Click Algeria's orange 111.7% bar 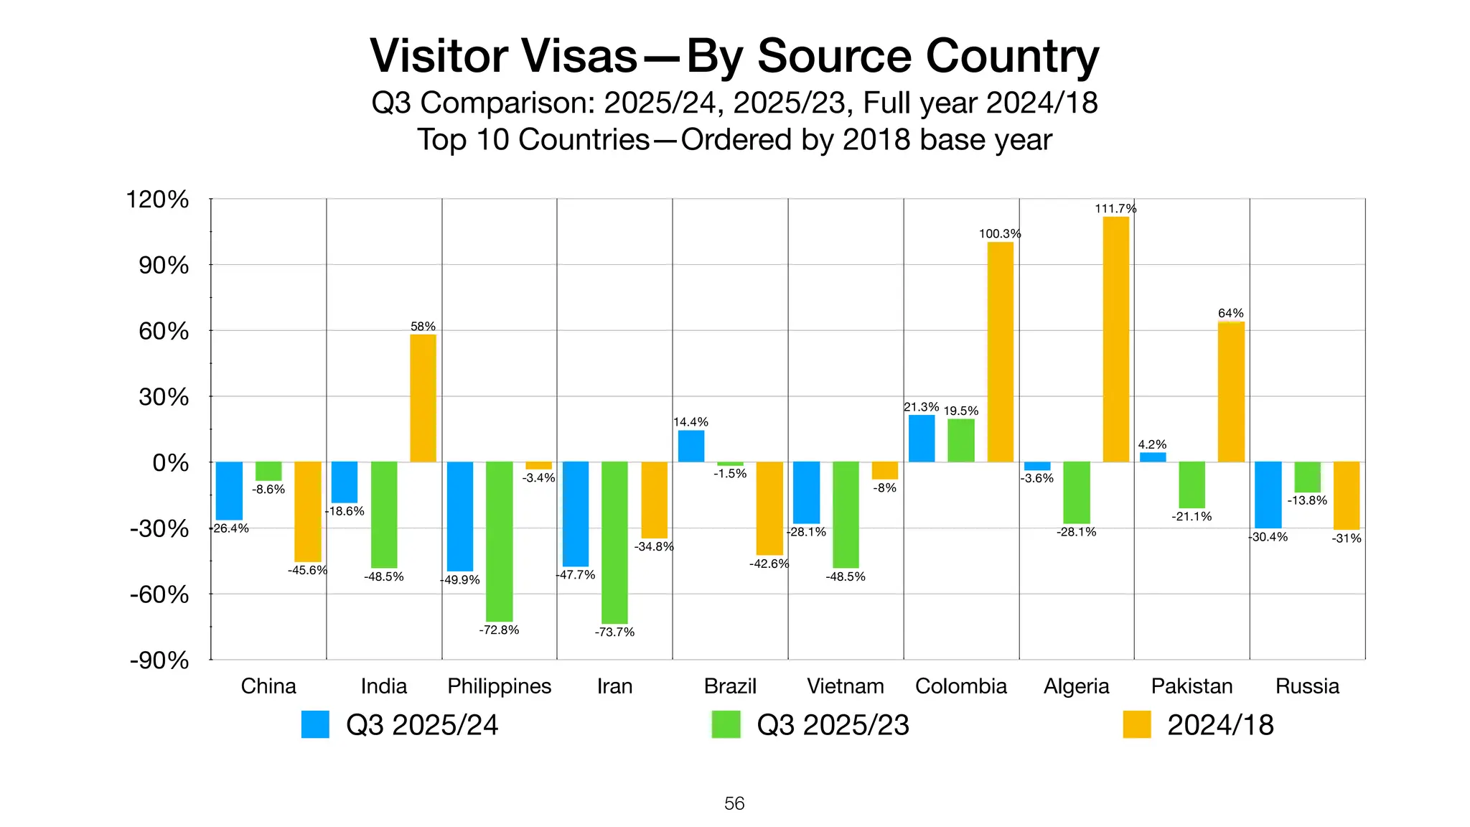click(x=1115, y=339)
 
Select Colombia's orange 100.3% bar click(x=1000, y=352)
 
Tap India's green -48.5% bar click(x=384, y=515)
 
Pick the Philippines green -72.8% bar click(x=499, y=541)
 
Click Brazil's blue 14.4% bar click(x=691, y=446)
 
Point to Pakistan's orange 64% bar click(x=1231, y=392)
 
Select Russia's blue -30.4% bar click(x=1268, y=495)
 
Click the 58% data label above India click(x=423, y=327)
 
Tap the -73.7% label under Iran click(x=614, y=632)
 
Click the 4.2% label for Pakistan click(x=1152, y=445)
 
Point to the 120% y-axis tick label click(x=157, y=200)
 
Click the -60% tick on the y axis click(x=159, y=595)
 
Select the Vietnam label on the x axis click(x=845, y=686)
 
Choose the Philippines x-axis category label click(x=499, y=686)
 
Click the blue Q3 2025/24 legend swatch click(x=315, y=724)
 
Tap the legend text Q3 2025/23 click(x=833, y=725)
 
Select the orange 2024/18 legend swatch click(x=1136, y=724)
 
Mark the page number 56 click(x=734, y=803)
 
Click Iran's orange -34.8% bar click(x=654, y=500)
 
